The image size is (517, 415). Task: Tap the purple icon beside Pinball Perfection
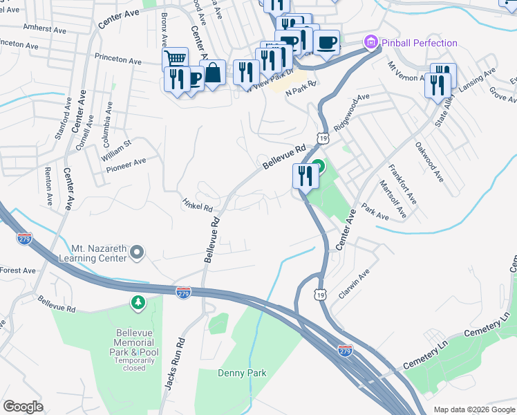(372, 43)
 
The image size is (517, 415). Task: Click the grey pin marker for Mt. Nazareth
(137, 252)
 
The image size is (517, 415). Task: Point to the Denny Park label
(242, 373)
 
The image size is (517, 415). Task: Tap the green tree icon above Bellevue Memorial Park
(138, 302)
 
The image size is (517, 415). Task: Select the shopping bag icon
(213, 72)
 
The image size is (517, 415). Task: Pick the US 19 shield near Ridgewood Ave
(323, 138)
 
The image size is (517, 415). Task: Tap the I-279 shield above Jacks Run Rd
(183, 293)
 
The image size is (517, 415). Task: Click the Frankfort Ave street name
(403, 183)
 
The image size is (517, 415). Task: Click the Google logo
(23, 407)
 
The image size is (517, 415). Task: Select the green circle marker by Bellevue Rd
(318, 166)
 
